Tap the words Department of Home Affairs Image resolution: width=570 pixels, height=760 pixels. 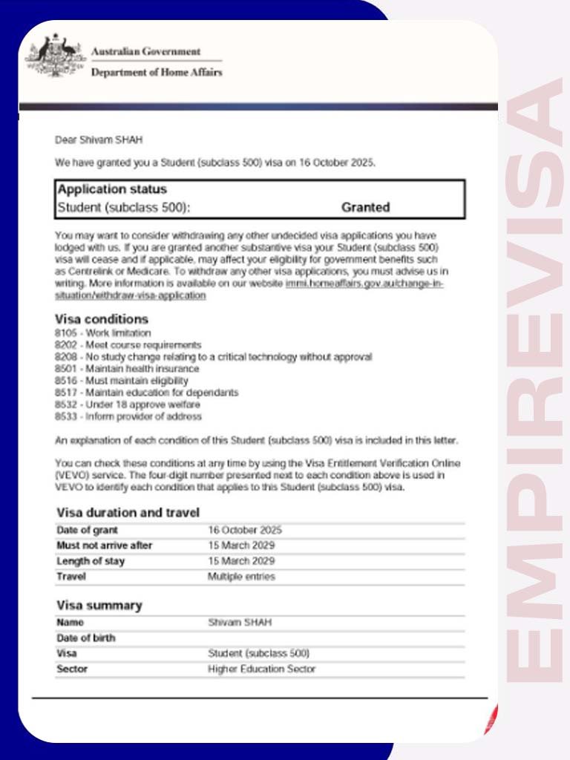(156, 73)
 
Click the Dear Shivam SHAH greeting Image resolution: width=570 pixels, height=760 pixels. (99, 140)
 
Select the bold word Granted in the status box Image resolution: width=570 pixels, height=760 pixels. (365, 208)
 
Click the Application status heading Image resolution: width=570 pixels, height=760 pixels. (112, 189)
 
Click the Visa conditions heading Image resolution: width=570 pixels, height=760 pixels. (102, 320)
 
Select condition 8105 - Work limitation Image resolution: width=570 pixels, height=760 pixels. (102, 333)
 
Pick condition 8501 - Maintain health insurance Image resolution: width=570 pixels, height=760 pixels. (127, 369)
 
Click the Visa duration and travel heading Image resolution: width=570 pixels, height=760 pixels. (128, 513)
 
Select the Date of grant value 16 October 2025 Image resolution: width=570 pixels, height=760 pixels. (245, 530)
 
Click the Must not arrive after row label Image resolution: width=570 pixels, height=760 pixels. (105, 546)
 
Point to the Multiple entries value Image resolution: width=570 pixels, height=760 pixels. (241, 577)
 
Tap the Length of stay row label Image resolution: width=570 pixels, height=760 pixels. (91, 561)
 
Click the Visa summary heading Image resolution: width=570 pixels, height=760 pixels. (99, 606)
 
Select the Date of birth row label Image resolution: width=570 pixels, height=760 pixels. (86, 638)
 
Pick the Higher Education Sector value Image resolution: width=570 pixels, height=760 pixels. (261, 669)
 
